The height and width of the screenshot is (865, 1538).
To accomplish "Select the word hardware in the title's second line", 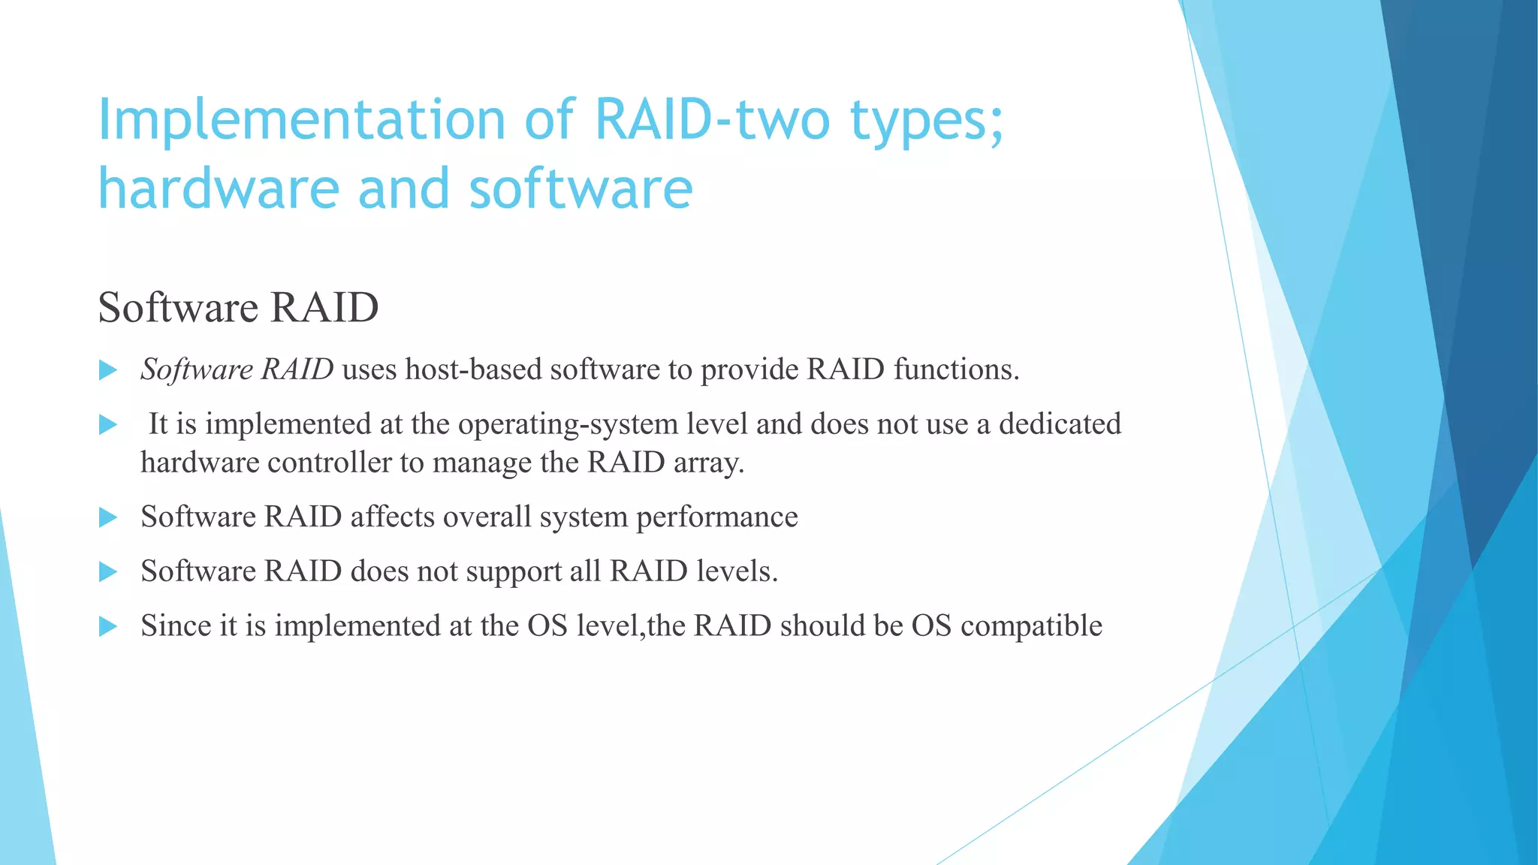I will point(219,188).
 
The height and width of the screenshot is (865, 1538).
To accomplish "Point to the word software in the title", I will point(581,188).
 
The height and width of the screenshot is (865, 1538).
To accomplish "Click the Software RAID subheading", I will point(238,307).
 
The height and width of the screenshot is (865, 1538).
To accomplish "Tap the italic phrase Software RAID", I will point(237,369).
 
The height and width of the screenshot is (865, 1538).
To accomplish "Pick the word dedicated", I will point(1059,423).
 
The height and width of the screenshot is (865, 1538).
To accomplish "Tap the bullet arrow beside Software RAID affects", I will point(108,517).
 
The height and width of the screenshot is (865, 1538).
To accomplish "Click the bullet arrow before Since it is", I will point(108,626).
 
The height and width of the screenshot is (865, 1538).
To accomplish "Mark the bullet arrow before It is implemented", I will point(108,425).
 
